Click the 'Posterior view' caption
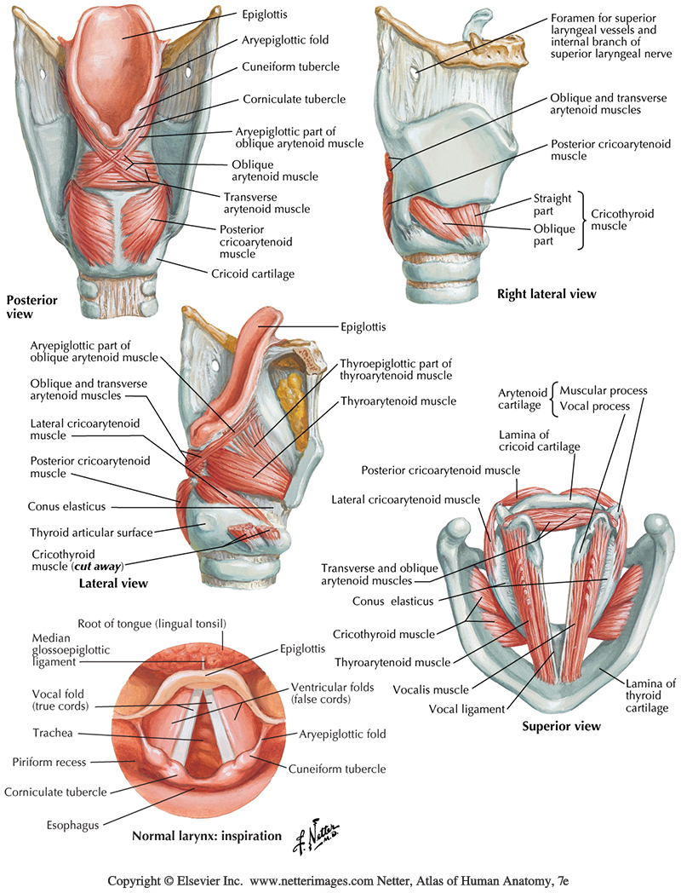[x=31, y=307]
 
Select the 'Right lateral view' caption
[x=547, y=294]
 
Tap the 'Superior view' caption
[x=561, y=726]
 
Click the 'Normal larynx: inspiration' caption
[x=207, y=836]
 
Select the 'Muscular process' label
[x=604, y=391]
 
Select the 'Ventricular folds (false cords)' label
[x=331, y=693]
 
